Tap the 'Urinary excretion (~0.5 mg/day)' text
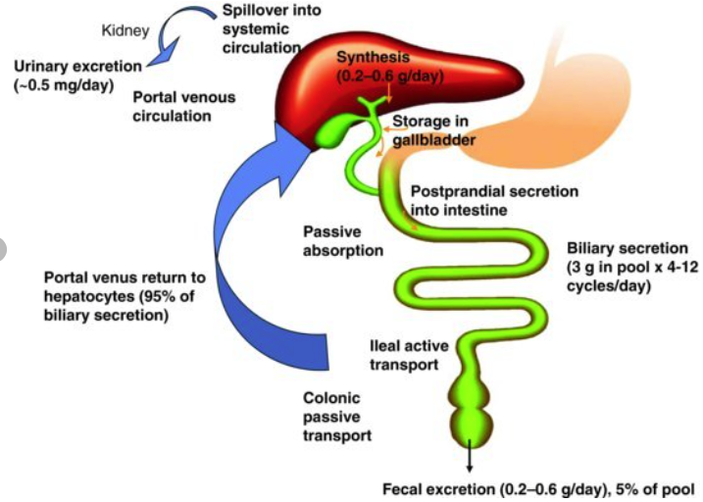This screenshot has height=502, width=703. [78, 75]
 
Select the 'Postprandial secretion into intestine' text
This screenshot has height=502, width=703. [494, 200]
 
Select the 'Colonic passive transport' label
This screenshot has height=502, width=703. [333, 416]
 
